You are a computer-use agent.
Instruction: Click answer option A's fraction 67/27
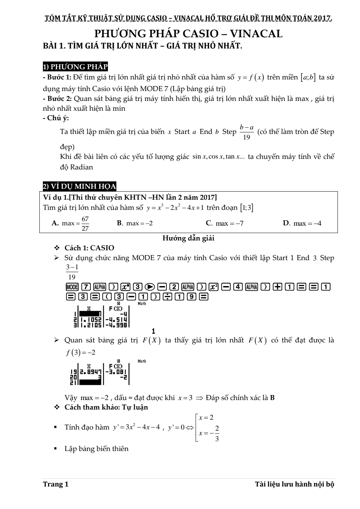pyautogui.click(x=85, y=224)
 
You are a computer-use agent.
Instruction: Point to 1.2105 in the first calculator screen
pyautogui.click(x=91, y=325)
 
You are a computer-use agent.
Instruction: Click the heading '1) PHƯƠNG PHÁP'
pyautogui.click(x=75, y=67)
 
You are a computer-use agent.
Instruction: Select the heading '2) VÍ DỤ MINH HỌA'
pyautogui.click(x=79, y=186)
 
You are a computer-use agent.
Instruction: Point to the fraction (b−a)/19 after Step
pyautogui.click(x=246, y=132)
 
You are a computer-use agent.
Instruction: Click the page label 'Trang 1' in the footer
pyautogui.click(x=56, y=484)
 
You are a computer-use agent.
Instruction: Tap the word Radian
pyautogui.click(x=82, y=167)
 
